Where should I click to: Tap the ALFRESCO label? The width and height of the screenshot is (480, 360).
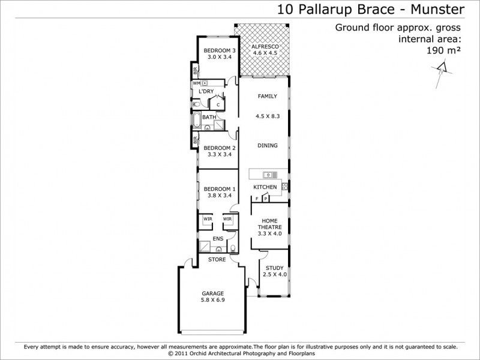click(264, 46)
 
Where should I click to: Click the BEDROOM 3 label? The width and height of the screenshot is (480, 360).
click(219, 50)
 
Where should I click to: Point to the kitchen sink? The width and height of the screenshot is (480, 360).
click(266, 175)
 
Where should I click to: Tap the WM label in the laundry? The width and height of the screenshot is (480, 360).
click(196, 83)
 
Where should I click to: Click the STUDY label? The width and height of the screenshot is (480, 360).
click(274, 268)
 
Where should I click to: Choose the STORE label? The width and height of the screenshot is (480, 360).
click(217, 260)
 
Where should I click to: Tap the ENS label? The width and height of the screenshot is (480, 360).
click(218, 238)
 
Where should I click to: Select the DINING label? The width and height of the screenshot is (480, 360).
click(267, 145)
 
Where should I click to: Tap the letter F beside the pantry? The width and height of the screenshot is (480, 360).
click(256, 198)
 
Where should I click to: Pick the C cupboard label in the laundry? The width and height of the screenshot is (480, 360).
click(218, 105)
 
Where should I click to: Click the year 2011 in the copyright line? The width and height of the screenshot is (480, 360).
click(185, 354)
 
